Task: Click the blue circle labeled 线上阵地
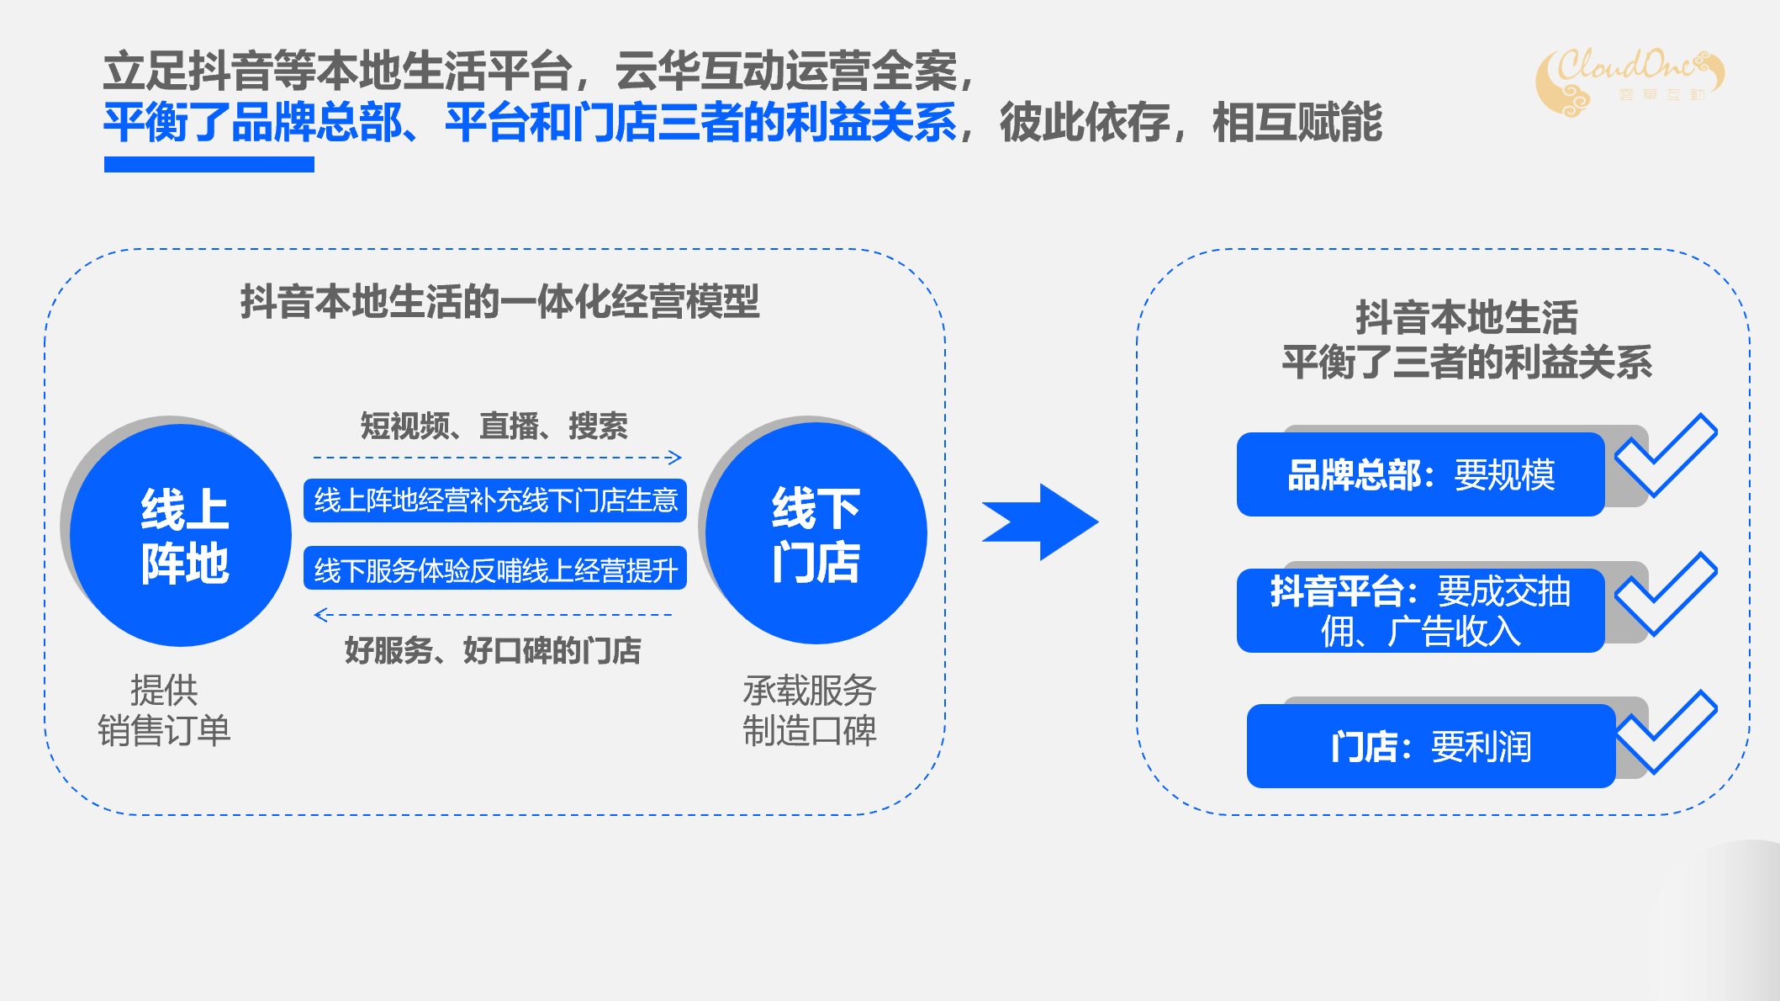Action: (x=181, y=535)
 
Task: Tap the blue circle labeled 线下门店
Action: (x=816, y=533)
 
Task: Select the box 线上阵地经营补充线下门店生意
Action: (x=495, y=500)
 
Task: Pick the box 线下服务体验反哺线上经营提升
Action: (x=495, y=569)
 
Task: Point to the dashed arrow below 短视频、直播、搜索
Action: (x=497, y=458)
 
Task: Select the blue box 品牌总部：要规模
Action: (x=1420, y=474)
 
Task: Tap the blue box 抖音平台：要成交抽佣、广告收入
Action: (x=1420, y=611)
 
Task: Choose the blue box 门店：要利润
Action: (x=1430, y=746)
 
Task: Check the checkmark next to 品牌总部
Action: (x=1666, y=458)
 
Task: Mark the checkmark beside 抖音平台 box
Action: (x=1666, y=596)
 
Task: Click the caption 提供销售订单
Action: (x=164, y=711)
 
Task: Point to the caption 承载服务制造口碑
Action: (x=809, y=711)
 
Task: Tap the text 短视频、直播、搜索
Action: (x=494, y=426)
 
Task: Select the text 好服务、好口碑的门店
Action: (x=493, y=650)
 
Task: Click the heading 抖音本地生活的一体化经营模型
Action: (x=499, y=301)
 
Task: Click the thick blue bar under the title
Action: (x=209, y=164)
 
